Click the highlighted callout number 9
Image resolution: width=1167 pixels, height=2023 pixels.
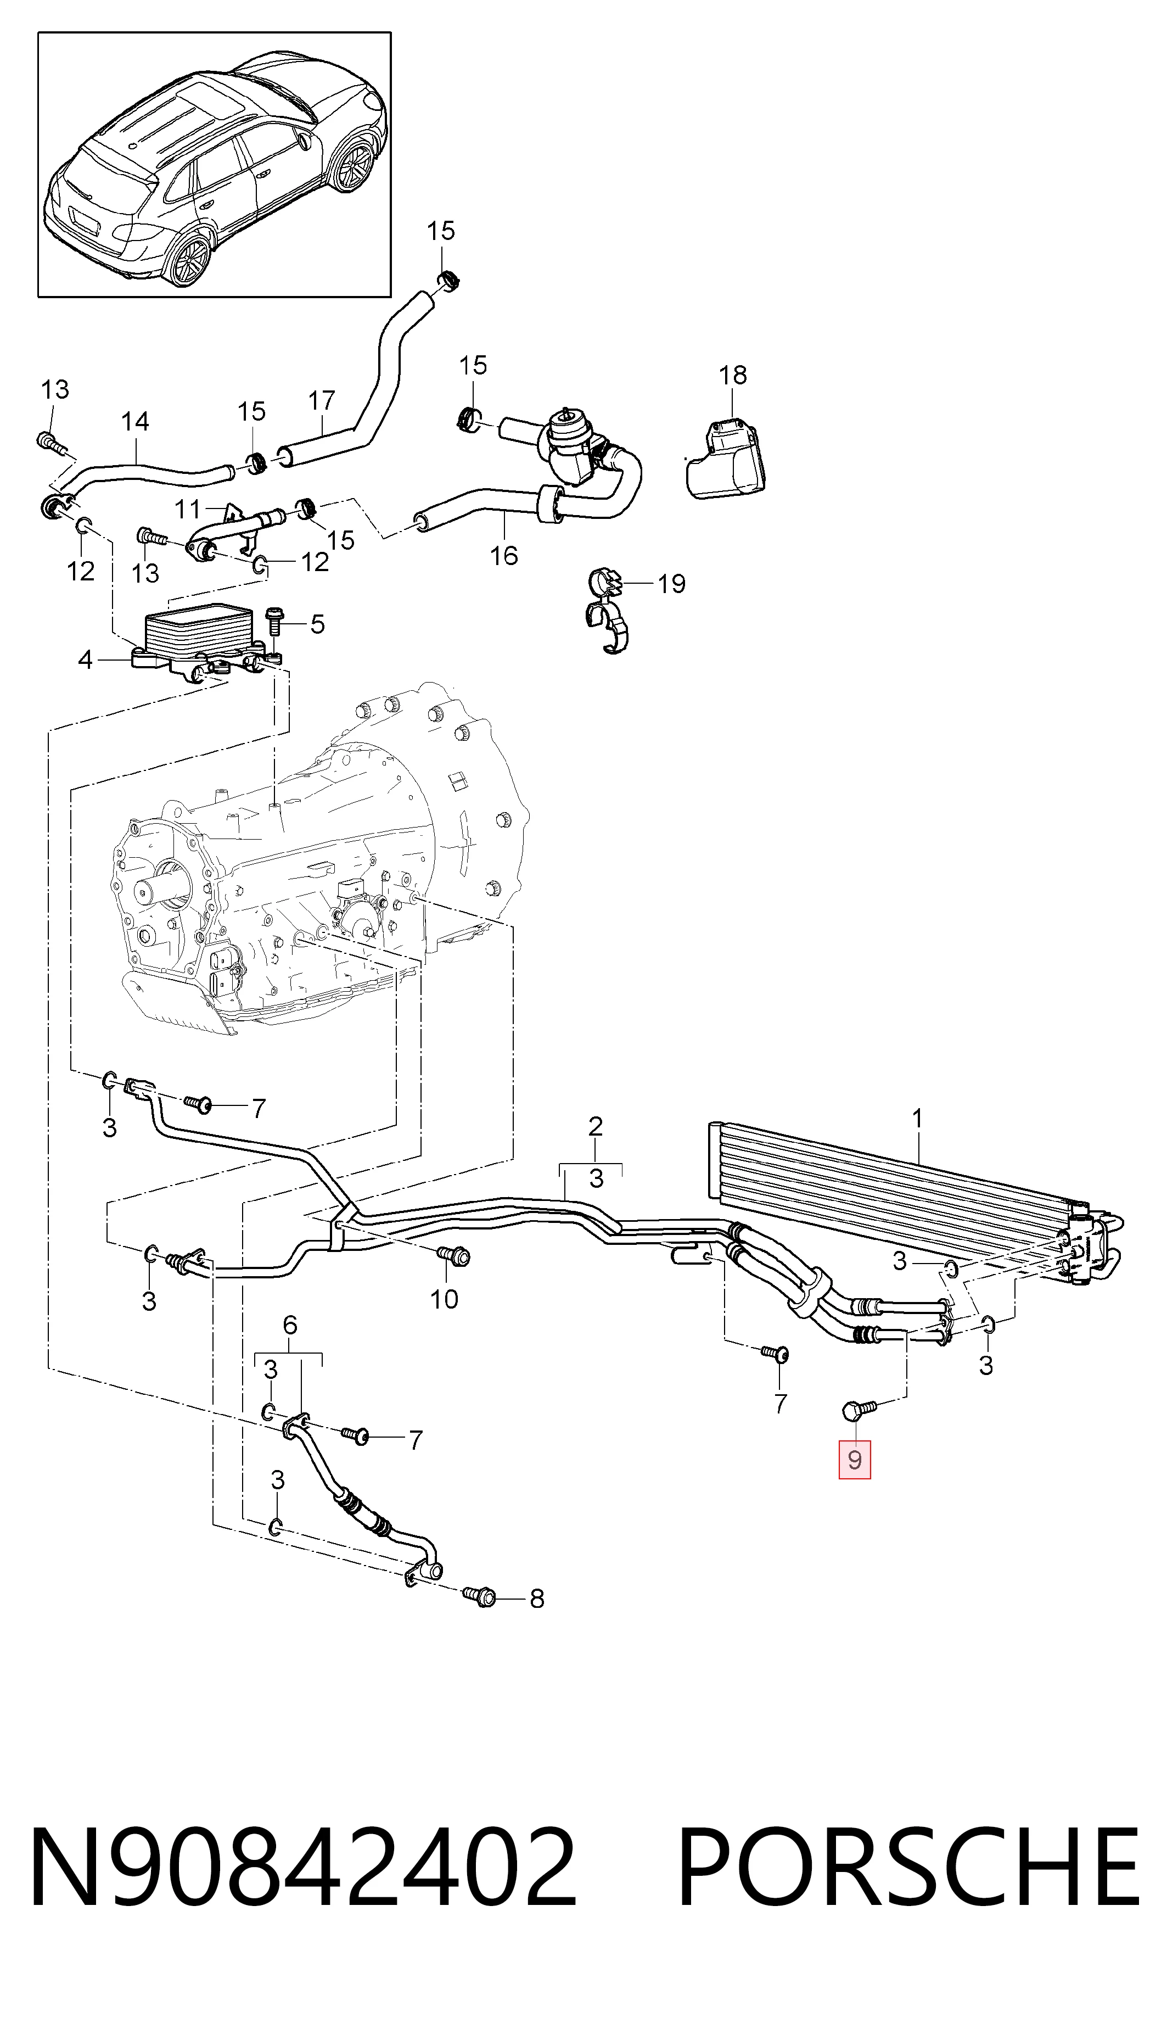click(855, 1460)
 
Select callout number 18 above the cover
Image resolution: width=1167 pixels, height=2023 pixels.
click(733, 375)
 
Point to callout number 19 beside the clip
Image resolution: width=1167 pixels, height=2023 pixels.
click(672, 584)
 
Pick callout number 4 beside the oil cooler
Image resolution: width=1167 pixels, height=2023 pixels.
click(86, 660)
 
